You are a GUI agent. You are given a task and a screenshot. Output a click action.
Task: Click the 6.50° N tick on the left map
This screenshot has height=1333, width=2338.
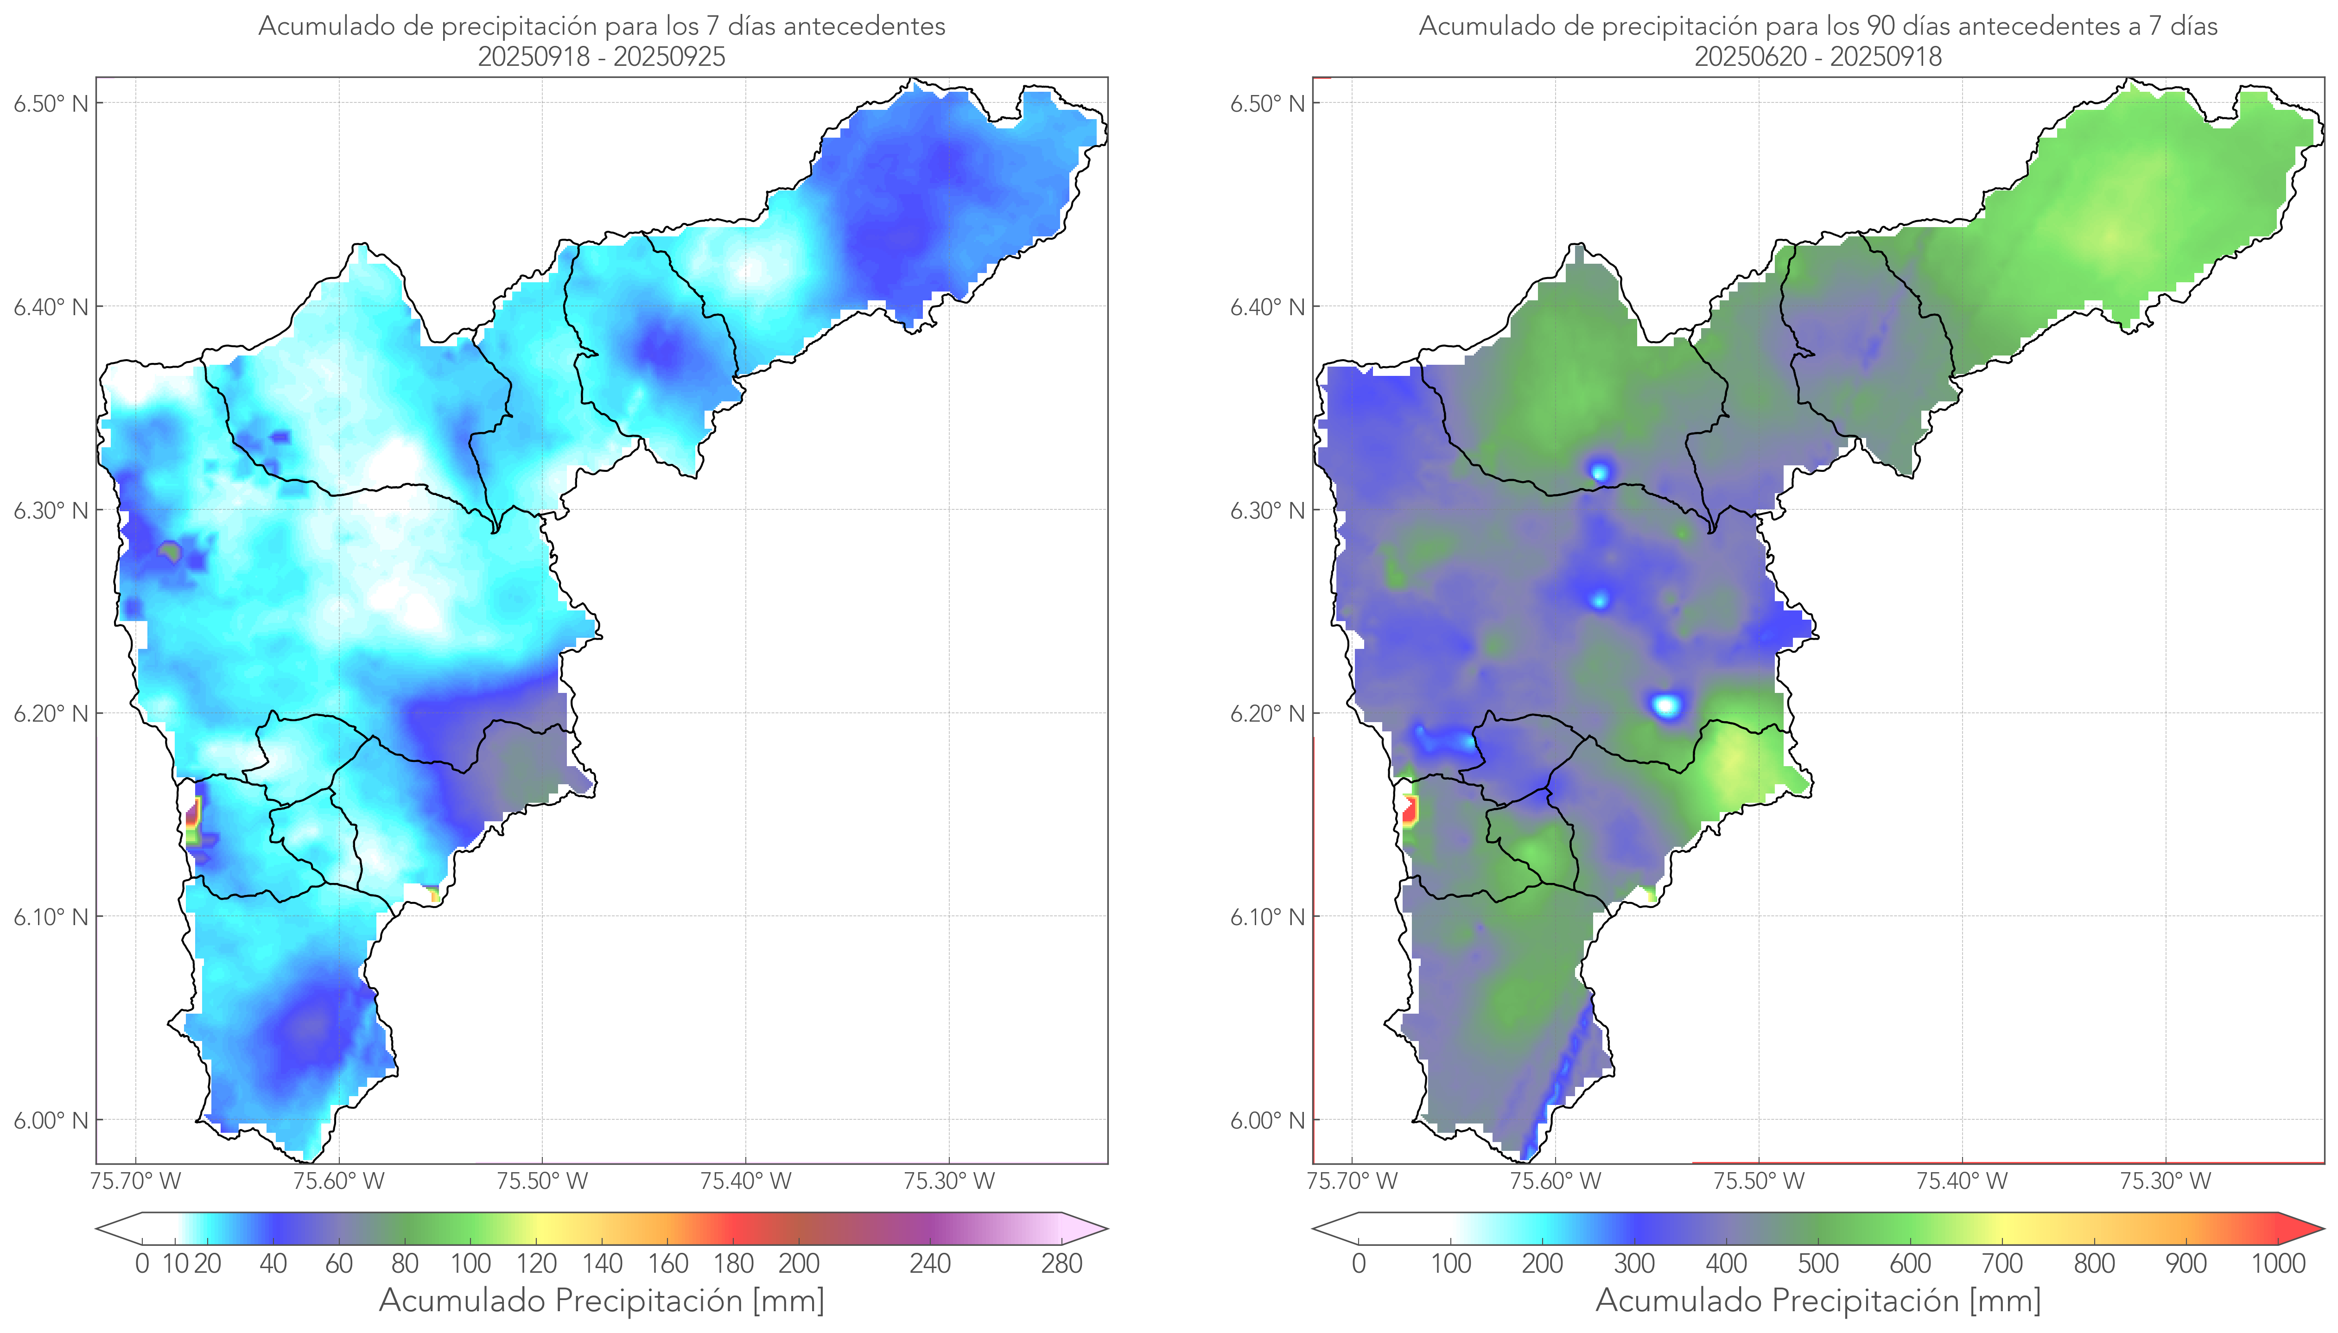(51, 103)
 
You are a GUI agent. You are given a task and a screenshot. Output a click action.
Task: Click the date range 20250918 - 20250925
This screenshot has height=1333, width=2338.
(602, 57)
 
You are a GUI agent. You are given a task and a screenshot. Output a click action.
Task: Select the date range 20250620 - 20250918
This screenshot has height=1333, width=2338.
(1818, 57)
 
